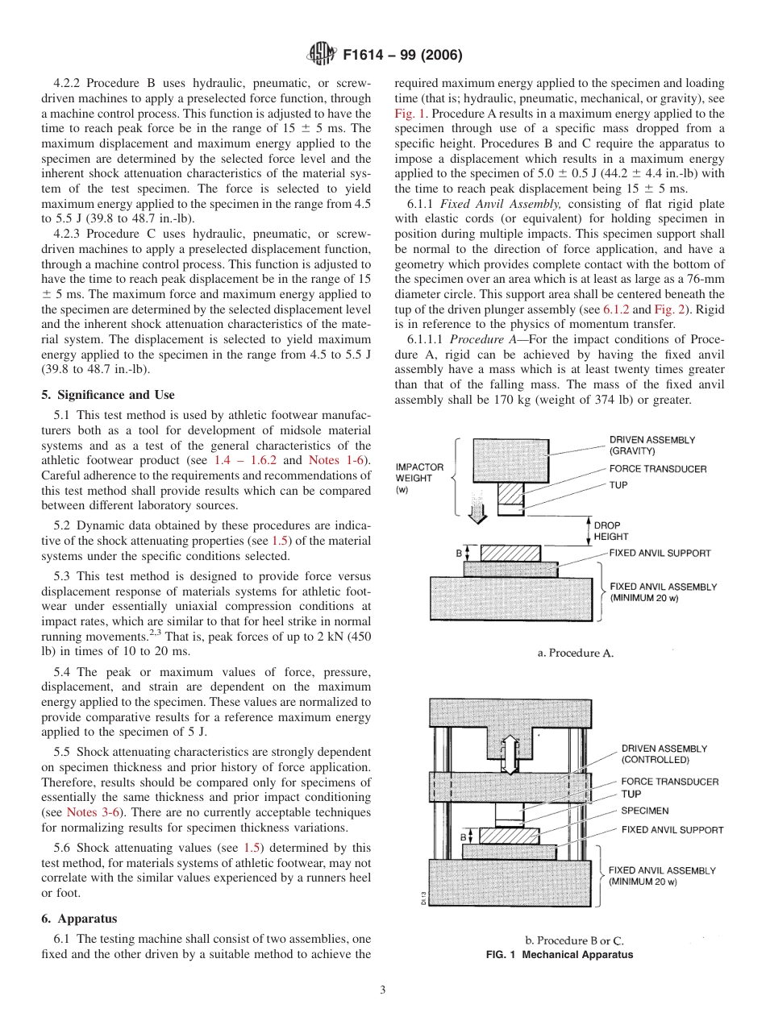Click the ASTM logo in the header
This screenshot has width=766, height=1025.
pyautogui.click(x=321, y=56)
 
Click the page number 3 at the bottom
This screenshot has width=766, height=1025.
pyautogui.click(x=383, y=990)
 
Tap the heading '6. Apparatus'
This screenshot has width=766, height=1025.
pyautogui.click(x=79, y=919)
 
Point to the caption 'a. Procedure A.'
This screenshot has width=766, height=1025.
pyautogui.click(x=575, y=653)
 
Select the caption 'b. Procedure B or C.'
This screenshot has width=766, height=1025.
pyautogui.click(x=574, y=940)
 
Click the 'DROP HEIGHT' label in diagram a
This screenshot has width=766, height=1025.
pyautogui.click(x=610, y=530)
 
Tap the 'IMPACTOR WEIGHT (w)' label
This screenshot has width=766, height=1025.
pyautogui.click(x=419, y=478)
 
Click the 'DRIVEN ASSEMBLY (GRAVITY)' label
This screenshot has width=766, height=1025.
pyautogui.click(x=652, y=445)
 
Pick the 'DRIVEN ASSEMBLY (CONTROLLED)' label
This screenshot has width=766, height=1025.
pyautogui.click(x=664, y=754)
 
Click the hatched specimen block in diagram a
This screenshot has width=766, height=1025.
pyautogui.click(x=510, y=553)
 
